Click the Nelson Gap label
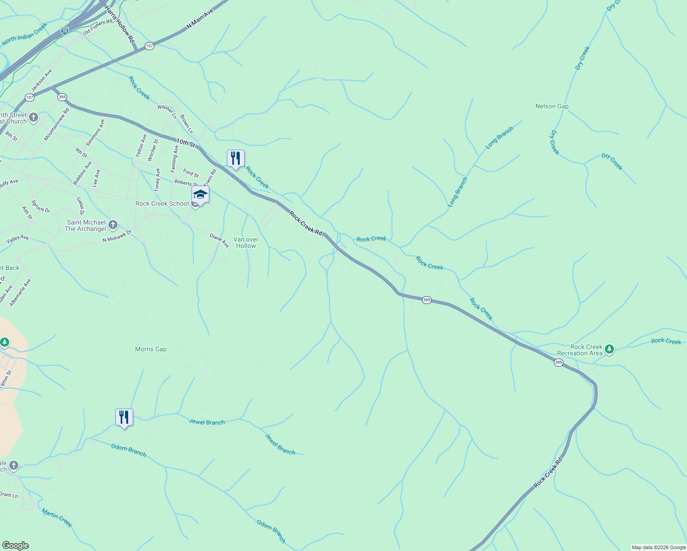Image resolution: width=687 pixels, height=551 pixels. pos(552,106)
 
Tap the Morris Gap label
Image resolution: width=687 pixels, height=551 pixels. pos(151,349)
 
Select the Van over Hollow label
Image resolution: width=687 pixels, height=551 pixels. pos(246,242)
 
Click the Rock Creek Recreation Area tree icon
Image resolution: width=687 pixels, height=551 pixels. pos(609,349)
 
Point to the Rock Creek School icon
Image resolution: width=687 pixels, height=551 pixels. pos(200,195)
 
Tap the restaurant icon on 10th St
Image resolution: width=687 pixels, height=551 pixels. pos(236,159)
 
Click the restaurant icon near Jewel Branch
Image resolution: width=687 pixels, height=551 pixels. pos(124,418)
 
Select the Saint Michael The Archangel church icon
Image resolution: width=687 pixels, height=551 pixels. pos(113,225)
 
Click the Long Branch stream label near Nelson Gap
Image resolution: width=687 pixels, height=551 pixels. pos(499,138)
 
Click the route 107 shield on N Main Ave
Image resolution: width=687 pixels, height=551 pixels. pos(149,46)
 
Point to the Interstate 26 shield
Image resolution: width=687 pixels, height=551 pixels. pos(65,31)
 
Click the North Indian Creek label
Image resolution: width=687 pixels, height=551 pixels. pos(25,34)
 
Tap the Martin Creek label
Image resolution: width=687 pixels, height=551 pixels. pos(56,517)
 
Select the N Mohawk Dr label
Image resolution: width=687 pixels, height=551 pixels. pos(117,236)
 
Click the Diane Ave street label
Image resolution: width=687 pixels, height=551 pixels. pos(219,240)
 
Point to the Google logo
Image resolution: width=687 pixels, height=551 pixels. pos(16,545)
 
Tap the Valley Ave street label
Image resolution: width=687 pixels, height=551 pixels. pos(17,239)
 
